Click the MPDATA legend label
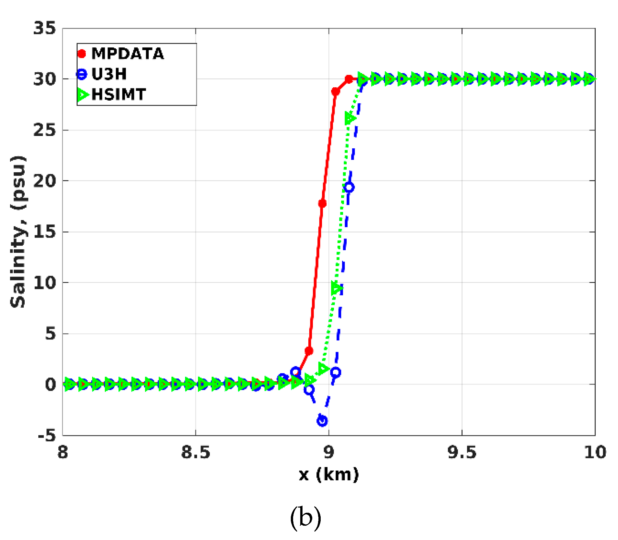(128, 54)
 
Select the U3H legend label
(109, 74)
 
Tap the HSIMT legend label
(118, 94)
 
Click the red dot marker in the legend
(82, 54)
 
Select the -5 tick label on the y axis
(46, 435)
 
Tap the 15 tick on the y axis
(44, 232)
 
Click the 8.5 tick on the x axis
(195, 452)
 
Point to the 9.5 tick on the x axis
(462, 452)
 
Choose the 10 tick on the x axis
(595, 452)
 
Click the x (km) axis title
(328, 475)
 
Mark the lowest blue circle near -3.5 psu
(322, 421)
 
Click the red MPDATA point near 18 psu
(322, 203)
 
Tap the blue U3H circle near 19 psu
(349, 187)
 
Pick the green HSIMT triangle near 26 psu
(350, 118)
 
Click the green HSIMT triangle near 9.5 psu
(336, 288)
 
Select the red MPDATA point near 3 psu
(309, 351)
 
